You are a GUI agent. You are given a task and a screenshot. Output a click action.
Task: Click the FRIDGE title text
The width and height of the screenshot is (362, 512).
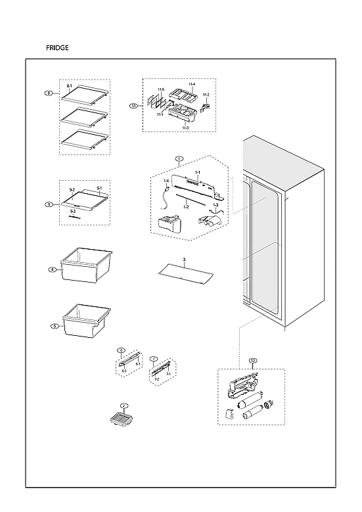pos(57,48)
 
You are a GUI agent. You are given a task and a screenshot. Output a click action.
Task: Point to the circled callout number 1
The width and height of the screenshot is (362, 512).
pos(179,158)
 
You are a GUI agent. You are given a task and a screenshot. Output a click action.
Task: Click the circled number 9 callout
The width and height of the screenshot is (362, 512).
pos(49,204)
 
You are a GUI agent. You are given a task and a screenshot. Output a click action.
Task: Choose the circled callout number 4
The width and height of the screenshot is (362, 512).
pos(51,269)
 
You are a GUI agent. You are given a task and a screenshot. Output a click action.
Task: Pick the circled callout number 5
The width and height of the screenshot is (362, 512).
pos(54,325)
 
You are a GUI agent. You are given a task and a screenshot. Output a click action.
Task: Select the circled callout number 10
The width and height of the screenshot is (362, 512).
pos(253,360)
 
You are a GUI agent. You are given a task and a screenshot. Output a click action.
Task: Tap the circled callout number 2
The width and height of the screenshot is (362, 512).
pos(123,406)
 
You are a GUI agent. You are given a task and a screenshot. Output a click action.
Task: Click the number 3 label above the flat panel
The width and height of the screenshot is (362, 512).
pos(185,260)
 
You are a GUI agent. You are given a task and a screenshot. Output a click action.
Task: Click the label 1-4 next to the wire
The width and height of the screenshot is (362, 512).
pos(166,181)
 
